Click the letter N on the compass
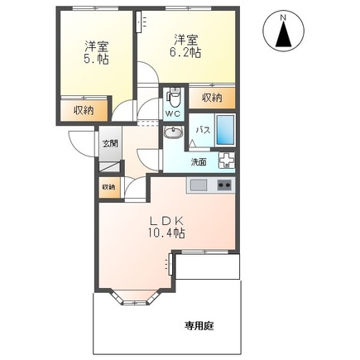pos(283,17)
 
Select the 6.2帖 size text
pos(186,51)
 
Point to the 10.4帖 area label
pos(167,233)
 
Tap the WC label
pos(172,113)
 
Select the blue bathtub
pos(228,130)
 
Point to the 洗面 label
pos(199,161)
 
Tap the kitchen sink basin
pos(199,185)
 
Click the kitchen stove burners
pos(223,185)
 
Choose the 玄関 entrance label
pos(110,143)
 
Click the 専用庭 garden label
pos(199,325)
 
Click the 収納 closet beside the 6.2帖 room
pos(212,98)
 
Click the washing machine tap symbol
pos(226,161)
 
